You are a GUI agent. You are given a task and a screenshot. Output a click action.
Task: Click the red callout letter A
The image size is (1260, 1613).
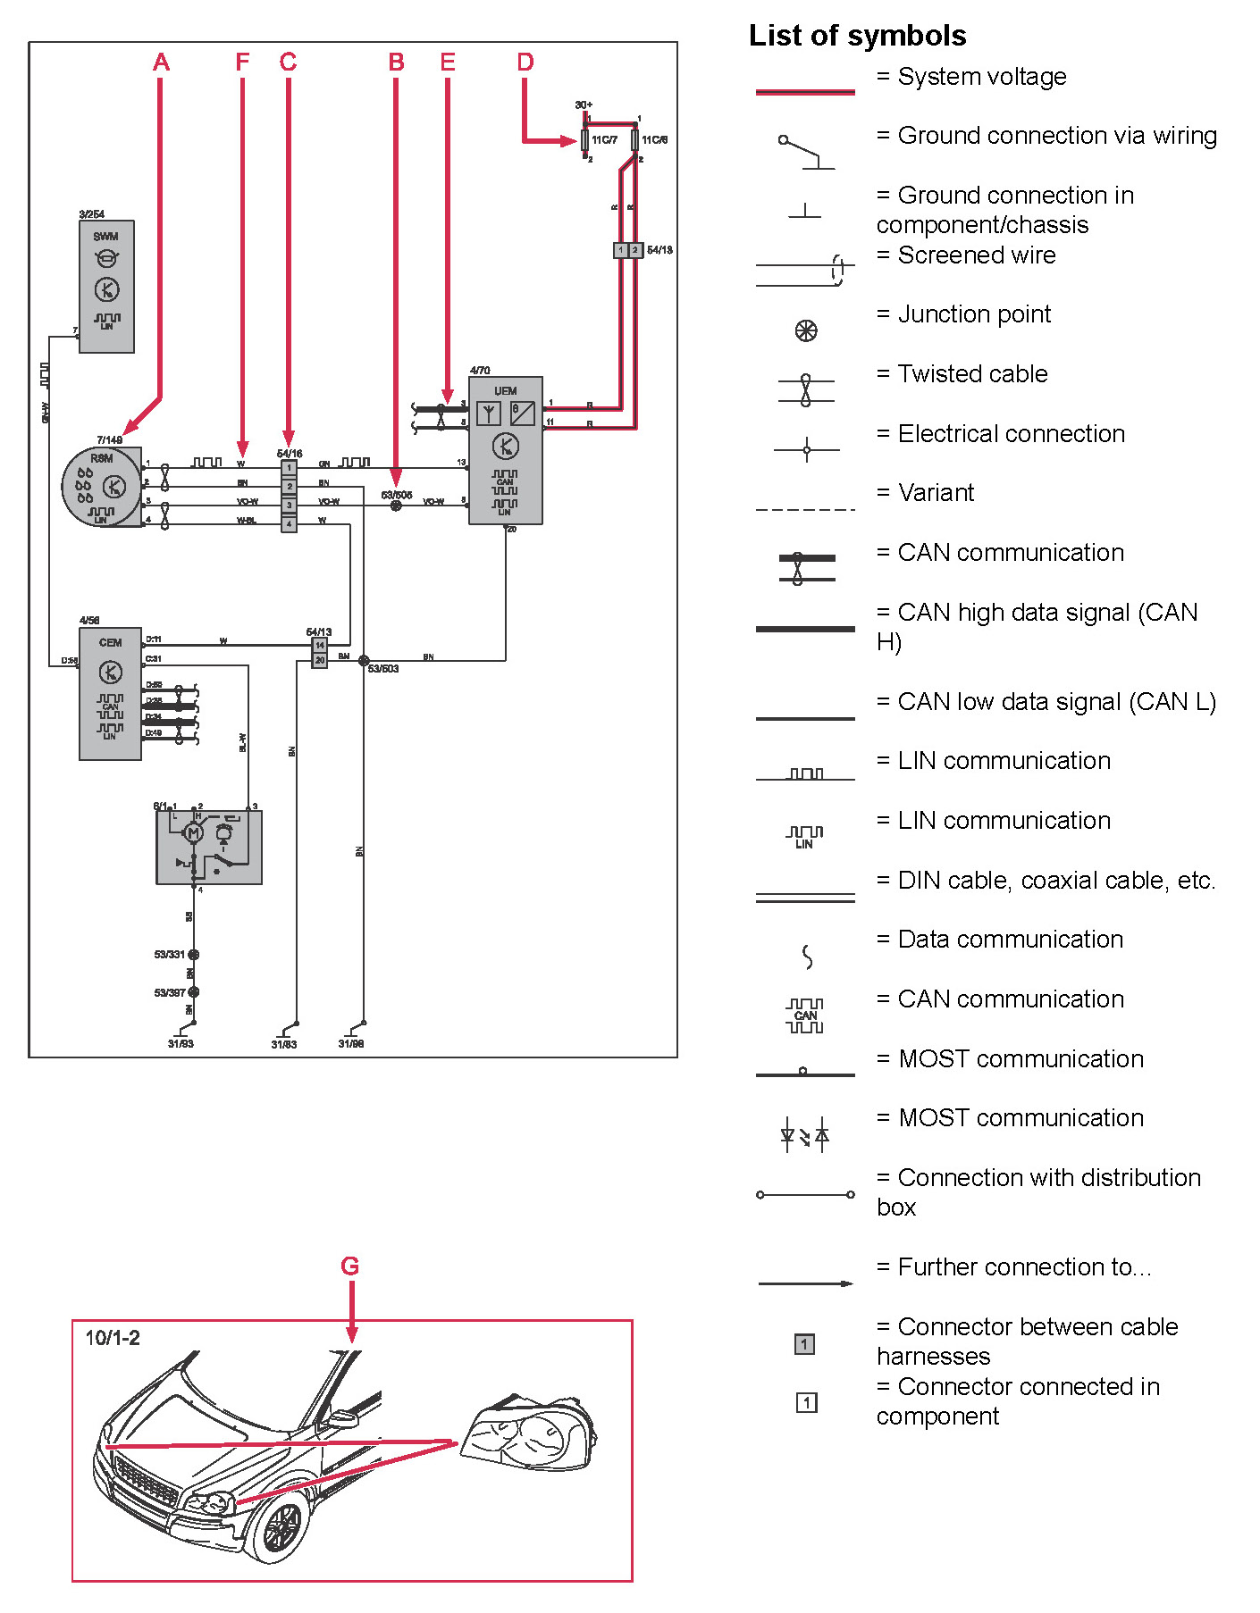point(161,63)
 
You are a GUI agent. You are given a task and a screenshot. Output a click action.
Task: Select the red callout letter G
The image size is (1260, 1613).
point(350,1266)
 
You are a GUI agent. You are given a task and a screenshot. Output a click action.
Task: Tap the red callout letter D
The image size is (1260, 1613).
point(525,63)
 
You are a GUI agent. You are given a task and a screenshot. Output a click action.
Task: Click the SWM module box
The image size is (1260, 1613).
point(106,286)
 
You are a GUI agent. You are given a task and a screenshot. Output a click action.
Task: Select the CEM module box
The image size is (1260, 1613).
point(110,693)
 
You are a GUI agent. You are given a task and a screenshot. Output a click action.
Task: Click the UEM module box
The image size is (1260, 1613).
point(506,450)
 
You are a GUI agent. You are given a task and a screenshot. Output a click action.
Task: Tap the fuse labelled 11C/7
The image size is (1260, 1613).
point(585,139)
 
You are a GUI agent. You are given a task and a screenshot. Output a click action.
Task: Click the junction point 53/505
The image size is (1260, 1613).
point(396,506)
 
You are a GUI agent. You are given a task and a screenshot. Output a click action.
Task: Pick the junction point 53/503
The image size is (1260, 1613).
point(364,661)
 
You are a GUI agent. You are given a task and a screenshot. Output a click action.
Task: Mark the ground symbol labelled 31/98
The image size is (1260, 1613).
point(357,1028)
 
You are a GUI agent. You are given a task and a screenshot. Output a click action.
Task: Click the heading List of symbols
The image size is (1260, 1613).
point(857,36)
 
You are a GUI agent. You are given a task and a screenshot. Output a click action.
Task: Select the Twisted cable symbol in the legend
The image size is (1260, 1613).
point(805,390)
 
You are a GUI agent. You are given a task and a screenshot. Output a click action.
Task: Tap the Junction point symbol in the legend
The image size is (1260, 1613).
point(805,331)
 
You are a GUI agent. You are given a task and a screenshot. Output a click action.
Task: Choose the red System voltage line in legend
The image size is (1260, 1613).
point(805,91)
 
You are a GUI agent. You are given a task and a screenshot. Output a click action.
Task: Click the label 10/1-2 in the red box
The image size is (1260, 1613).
point(113,1338)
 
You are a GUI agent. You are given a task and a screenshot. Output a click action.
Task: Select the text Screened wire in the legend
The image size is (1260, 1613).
point(976,255)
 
